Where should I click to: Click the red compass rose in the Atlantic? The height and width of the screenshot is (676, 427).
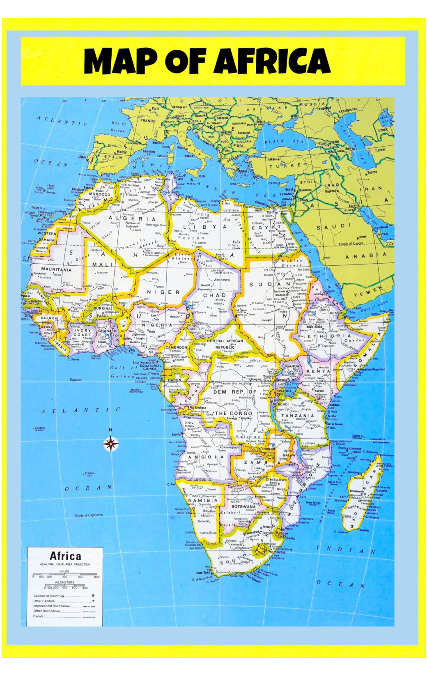point(110,444)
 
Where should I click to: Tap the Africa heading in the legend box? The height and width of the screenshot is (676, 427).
point(65,556)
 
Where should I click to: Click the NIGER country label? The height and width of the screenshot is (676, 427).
point(163,292)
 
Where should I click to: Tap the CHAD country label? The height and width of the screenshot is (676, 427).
point(215,295)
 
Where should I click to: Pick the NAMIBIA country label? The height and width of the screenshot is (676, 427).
point(203,500)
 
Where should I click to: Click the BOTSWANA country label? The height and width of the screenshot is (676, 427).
point(243,506)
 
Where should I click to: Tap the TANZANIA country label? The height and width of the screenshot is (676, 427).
point(298,416)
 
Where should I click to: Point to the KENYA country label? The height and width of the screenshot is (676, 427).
point(319,371)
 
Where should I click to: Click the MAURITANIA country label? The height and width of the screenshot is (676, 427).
point(56,270)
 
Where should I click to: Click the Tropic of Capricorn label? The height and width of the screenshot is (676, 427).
point(88,515)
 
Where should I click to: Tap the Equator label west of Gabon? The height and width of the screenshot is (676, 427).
point(76,379)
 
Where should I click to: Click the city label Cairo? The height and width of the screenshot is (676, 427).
point(271,212)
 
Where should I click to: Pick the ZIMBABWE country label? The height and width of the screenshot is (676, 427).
point(276,480)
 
